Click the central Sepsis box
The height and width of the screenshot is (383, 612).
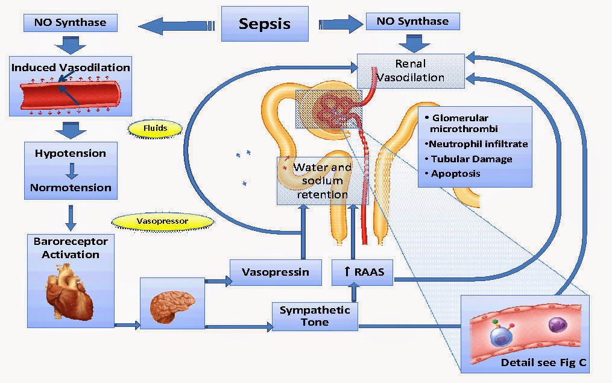264,24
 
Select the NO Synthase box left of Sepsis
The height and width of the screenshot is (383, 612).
70,22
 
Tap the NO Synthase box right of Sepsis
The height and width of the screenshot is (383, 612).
412,21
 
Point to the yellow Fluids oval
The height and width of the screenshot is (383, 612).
156,128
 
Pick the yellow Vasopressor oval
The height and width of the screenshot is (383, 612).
163,221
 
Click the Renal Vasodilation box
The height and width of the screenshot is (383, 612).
411,71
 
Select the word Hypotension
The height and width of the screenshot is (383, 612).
71,153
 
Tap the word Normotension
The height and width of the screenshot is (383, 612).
71,188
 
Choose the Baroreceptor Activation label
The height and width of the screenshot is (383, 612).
71,248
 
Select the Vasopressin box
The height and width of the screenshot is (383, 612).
275,272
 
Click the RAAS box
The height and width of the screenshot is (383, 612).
362,272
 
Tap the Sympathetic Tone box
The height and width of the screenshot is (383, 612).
315,316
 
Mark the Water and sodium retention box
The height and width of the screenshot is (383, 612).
323,180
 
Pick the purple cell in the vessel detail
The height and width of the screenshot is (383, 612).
558,326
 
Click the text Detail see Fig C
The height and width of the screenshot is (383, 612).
543,363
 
